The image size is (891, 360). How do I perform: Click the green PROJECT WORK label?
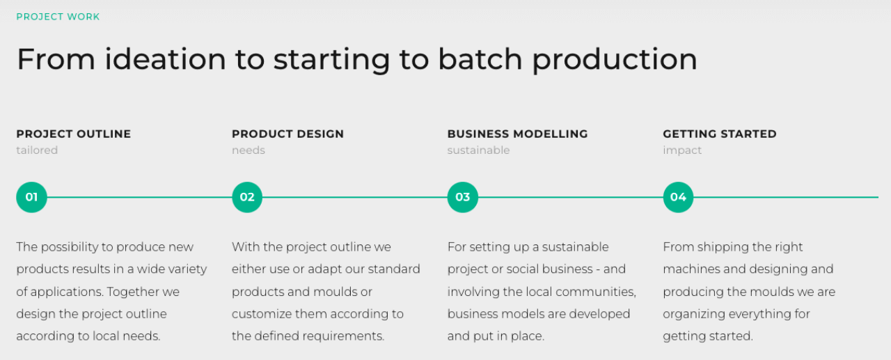tap(58, 17)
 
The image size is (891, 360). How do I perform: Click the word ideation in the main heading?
tap(165, 59)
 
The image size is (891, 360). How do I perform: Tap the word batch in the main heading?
tap(480, 59)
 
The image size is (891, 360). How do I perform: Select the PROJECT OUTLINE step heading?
tap(74, 134)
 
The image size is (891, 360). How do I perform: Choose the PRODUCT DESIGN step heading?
tap(288, 134)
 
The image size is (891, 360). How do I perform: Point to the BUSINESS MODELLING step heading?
tap(517, 134)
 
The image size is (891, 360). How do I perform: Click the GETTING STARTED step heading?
tap(720, 134)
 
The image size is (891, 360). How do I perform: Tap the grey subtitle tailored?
tap(37, 150)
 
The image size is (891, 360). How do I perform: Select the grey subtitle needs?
tap(249, 150)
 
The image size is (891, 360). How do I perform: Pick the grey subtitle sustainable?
tap(478, 150)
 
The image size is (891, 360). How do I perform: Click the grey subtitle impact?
tap(682, 151)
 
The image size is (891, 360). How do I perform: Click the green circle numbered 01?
tap(31, 197)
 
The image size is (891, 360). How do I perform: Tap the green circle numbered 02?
tap(247, 197)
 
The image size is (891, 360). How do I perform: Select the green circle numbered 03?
tap(463, 197)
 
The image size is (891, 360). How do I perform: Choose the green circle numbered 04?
tap(678, 197)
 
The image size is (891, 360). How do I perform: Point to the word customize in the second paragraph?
tap(261, 314)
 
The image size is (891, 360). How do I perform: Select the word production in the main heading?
tap(615, 59)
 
